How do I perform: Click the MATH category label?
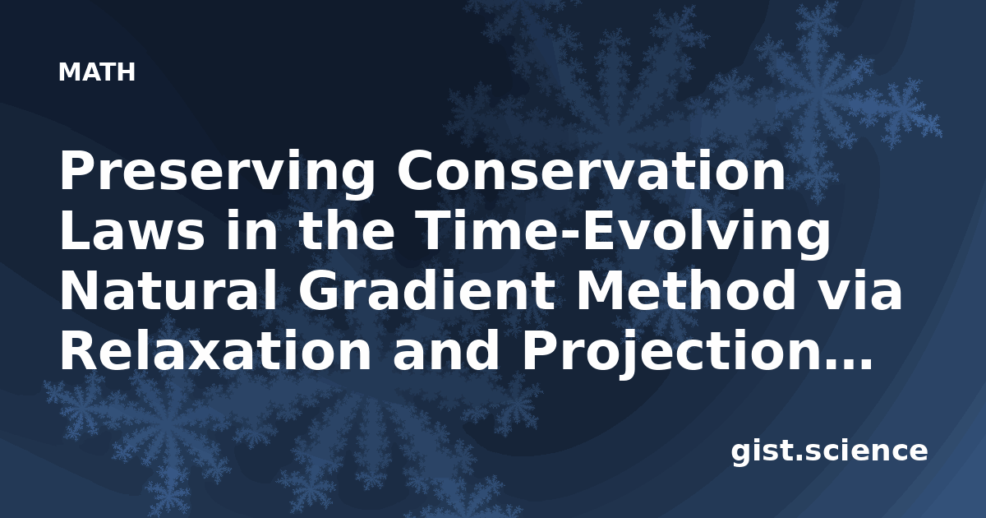(x=97, y=72)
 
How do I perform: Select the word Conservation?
(x=591, y=169)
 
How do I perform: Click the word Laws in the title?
(x=132, y=231)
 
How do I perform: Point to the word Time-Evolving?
(x=624, y=233)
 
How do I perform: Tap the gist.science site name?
(x=829, y=451)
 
